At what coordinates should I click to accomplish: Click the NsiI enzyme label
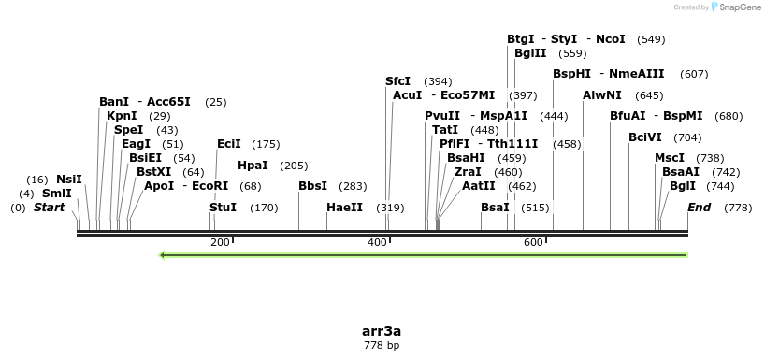69,180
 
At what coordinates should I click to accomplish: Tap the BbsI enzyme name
312,186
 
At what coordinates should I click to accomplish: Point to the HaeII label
344,208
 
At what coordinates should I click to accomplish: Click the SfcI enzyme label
397,81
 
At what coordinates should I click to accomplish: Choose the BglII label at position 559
529,53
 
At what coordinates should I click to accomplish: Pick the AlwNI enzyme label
601,95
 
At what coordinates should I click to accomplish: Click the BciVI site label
644,137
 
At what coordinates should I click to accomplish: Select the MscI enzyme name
669,158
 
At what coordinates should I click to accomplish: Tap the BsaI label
495,208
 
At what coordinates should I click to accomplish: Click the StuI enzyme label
223,208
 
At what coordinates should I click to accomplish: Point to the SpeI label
128,130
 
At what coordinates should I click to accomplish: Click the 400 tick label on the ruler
377,243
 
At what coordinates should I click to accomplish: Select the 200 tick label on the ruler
220,243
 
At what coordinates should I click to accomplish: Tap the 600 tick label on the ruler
534,243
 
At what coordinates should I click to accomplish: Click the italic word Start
49,208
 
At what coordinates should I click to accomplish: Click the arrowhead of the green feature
164,254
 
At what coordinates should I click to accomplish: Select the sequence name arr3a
382,331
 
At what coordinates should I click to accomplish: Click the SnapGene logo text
738,7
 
